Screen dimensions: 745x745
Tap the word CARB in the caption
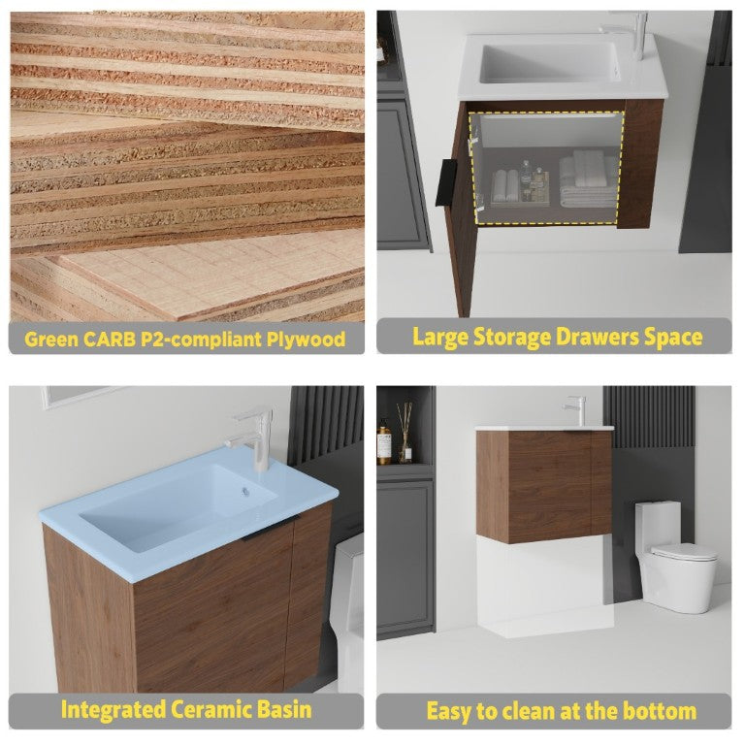tap(110, 340)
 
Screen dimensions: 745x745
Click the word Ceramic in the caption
tap(211, 709)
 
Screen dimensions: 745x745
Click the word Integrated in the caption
tap(113, 710)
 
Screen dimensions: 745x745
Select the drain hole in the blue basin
tap(245, 492)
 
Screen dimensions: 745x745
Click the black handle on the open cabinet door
tap(446, 183)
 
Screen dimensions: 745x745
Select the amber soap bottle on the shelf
tap(384, 442)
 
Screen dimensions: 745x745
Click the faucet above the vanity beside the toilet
tap(577, 410)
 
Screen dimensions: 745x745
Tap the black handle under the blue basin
tap(271, 529)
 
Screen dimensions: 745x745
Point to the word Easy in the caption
tap(448, 712)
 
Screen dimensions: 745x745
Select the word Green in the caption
tap(50, 340)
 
